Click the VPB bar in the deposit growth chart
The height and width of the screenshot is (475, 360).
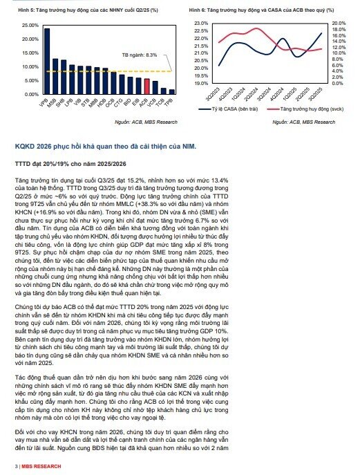pyautogui.click(x=47, y=62)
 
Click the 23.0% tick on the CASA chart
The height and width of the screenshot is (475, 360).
pyautogui.click(x=201, y=23)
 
